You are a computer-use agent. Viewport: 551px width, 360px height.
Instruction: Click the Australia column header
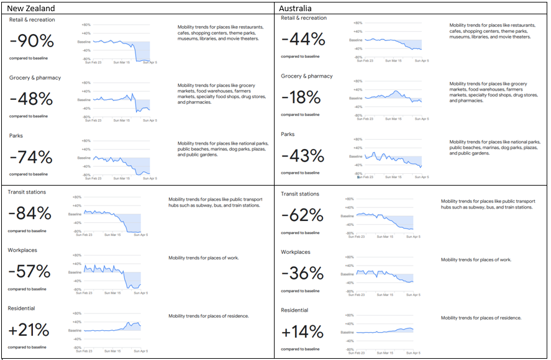pyautogui.click(x=300, y=8)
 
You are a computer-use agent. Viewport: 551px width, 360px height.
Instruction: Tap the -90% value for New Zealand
pyautogui.click(x=32, y=42)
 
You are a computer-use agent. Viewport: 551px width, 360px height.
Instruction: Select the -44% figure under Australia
pyautogui.click(x=303, y=40)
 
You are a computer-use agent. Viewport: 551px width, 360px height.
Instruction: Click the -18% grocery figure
pyautogui.click(x=301, y=98)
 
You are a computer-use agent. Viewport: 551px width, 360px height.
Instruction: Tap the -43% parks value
pyautogui.click(x=303, y=156)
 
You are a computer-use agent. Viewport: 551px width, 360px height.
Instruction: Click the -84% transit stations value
pyautogui.click(x=30, y=214)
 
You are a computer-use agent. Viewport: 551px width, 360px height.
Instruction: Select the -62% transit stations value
pyautogui.click(x=303, y=216)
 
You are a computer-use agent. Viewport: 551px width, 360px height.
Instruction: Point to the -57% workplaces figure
pyautogui.click(x=29, y=272)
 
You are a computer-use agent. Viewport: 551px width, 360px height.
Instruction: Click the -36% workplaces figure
pyautogui.click(x=303, y=274)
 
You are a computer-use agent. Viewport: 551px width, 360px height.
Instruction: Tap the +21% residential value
pyautogui.click(x=29, y=330)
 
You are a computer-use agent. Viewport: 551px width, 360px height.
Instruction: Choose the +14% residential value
pyautogui.click(x=303, y=332)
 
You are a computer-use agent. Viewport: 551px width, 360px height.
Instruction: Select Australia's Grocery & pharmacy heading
pyautogui.click(x=307, y=76)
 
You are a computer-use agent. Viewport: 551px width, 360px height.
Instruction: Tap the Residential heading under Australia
pyautogui.click(x=296, y=310)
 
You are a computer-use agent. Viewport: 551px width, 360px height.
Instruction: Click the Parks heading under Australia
pyautogui.click(x=289, y=134)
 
